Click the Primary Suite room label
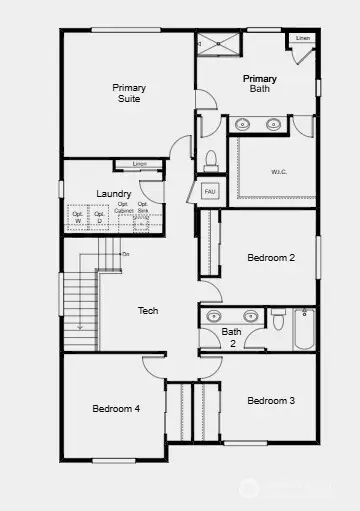[x=127, y=93]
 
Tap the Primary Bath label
[x=259, y=83]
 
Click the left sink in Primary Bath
[x=242, y=124]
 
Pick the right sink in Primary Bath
[x=274, y=124]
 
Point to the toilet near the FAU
[x=210, y=160]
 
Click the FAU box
[x=210, y=190]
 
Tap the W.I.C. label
[x=279, y=171]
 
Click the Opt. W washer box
[x=77, y=215]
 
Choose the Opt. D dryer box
[x=99, y=215]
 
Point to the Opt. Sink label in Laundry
[x=143, y=212]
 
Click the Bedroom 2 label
[x=271, y=258]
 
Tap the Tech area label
[x=148, y=311]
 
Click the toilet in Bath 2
[x=278, y=320]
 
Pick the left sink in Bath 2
[x=213, y=316]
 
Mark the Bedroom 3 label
[x=271, y=401]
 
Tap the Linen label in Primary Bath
[x=303, y=38]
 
